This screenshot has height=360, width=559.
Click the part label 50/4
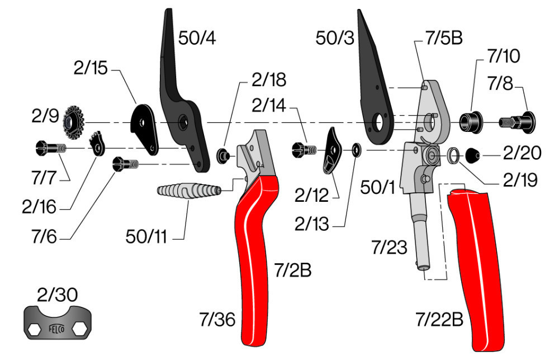[197, 38]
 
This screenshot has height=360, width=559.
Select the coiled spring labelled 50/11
[189, 190]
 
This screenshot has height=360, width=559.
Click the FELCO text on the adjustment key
[56, 329]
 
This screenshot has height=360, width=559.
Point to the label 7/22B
[439, 319]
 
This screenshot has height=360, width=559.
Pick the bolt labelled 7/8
[517, 122]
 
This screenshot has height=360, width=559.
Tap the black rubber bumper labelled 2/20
[473, 155]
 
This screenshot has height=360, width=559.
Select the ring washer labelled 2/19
[453, 155]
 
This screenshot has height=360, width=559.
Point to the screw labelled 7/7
[51, 148]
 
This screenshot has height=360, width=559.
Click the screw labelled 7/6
[125, 164]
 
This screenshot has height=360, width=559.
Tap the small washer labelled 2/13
[356, 150]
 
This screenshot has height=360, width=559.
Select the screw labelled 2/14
[304, 150]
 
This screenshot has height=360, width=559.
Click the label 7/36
[217, 319]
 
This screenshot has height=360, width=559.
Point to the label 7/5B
[444, 37]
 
